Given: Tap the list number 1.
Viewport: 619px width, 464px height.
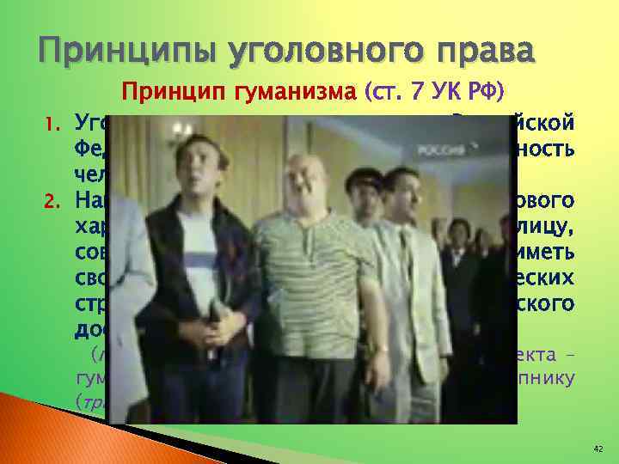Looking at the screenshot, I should [x=51, y=122].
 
